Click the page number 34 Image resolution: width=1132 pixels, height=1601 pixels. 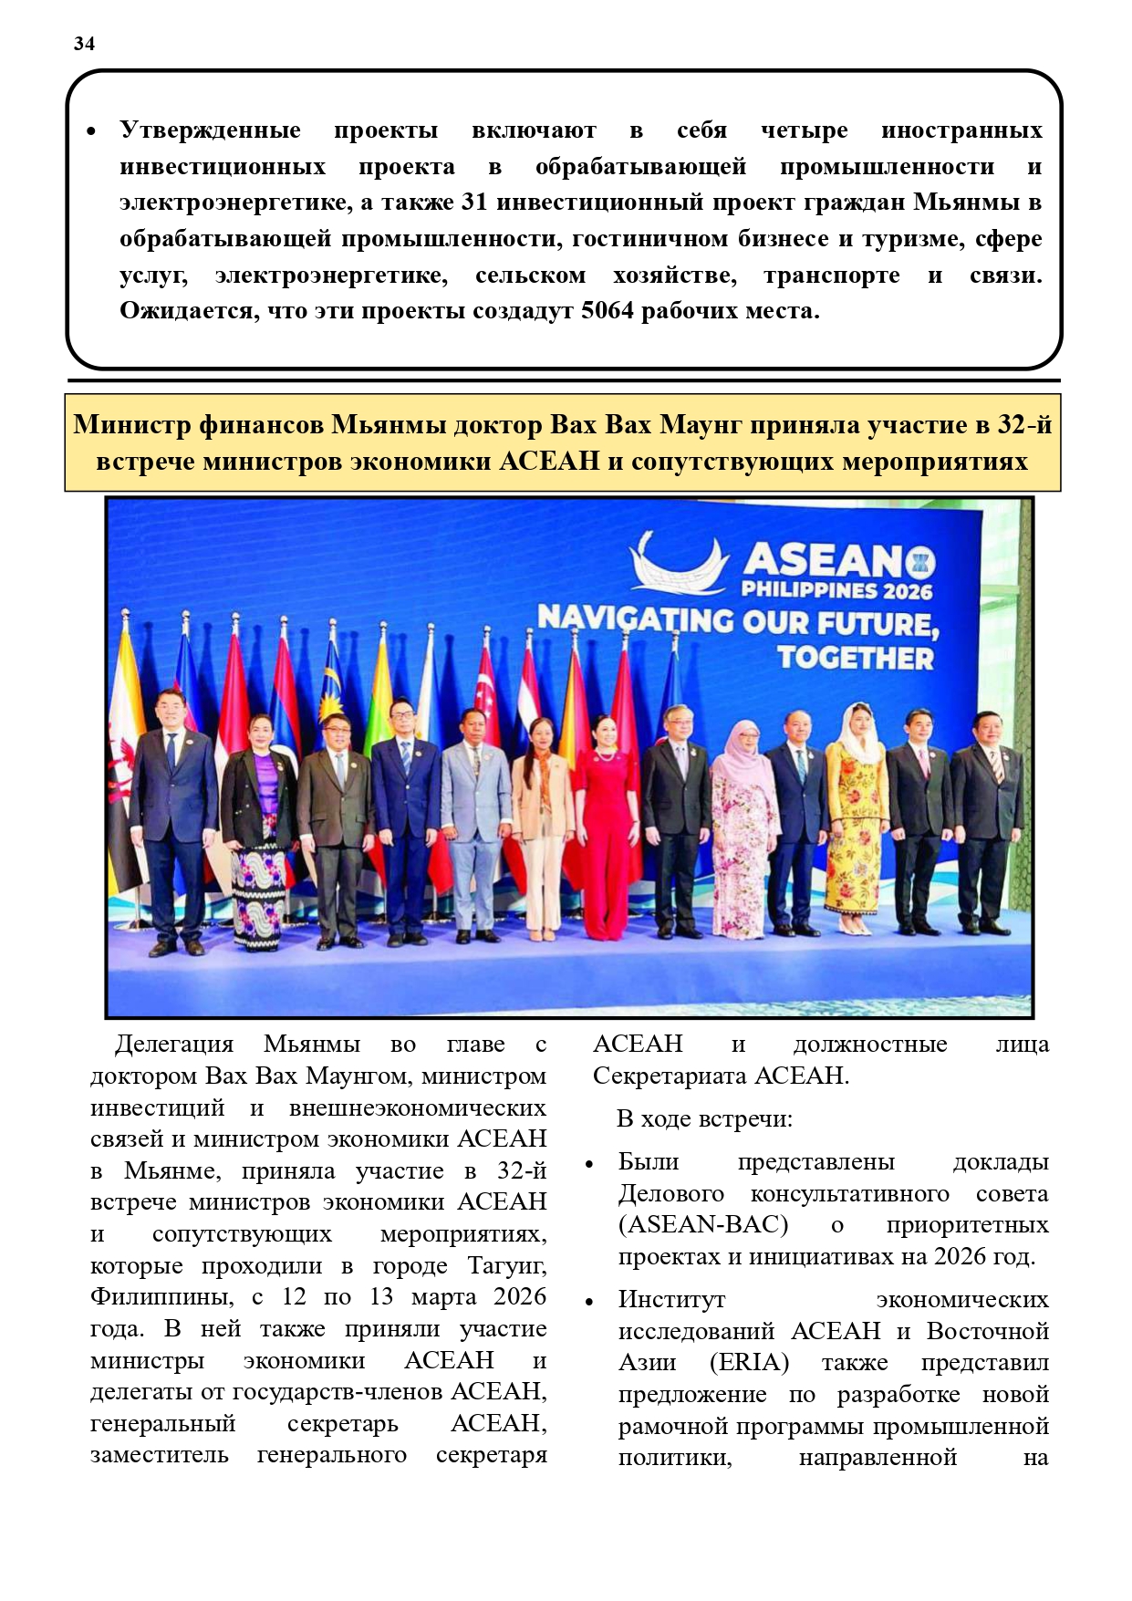tap(84, 44)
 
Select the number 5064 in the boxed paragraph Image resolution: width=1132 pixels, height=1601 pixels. tap(607, 311)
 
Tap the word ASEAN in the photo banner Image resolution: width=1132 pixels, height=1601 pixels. tap(825, 558)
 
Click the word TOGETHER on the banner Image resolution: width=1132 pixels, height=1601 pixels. tap(855, 658)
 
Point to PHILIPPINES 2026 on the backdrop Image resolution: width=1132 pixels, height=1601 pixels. tap(836, 590)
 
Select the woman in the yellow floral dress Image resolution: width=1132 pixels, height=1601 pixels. tap(856, 812)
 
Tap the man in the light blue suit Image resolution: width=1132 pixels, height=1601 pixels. tap(475, 816)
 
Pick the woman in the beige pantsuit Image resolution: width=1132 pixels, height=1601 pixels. tap(542, 821)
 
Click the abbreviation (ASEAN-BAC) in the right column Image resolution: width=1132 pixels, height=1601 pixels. tap(703, 1225)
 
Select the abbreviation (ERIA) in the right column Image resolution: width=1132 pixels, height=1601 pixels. tap(749, 1363)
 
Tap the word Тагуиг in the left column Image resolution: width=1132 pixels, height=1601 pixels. tap(507, 1266)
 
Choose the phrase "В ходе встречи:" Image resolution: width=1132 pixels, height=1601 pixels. tap(704, 1118)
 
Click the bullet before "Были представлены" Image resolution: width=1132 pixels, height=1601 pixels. tap(589, 1165)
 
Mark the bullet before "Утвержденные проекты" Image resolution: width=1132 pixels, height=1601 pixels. tap(91, 132)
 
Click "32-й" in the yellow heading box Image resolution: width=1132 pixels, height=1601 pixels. tap(1023, 425)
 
